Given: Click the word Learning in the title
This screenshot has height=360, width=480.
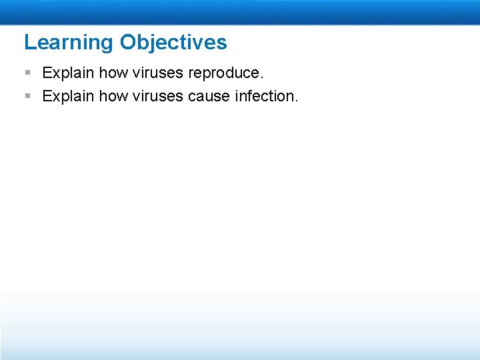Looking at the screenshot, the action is pyautogui.click(x=69, y=43).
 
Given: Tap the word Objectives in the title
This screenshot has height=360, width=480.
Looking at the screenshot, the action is pyautogui.click(x=173, y=43).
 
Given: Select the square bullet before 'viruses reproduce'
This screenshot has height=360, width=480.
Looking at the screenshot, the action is pyautogui.click(x=28, y=72).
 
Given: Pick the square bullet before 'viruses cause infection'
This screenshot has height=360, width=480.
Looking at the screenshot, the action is pyautogui.click(x=28, y=96).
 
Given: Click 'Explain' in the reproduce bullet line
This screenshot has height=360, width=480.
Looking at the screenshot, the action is pyautogui.click(x=68, y=73).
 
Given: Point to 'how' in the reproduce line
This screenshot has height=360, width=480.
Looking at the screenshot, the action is pyautogui.click(x=113, y=73).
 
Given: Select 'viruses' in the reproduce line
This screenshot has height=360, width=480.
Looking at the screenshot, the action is pyautogui.click(x=157, y=73).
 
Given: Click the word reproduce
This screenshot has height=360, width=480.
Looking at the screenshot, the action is pyautogui.click(x=224, y=73).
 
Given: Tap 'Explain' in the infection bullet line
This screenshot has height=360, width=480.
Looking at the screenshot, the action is pyautogui.click(x=68, y=97).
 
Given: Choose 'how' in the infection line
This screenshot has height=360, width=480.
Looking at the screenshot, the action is pyautogui.click(x=113, y=96).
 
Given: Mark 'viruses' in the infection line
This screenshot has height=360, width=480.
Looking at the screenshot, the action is pyautogui.click(x=157, y=96).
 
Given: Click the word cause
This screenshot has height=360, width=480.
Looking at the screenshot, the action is pyautogui.click(x=209, y=97).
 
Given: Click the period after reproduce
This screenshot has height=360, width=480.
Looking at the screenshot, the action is pyautogui.click(x=261, y=77).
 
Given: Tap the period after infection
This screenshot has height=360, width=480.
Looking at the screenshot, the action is pyautogui.click(x=296, y=101).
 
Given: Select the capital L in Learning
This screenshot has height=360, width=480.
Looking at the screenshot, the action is pyautogui.click(x=30, y=41).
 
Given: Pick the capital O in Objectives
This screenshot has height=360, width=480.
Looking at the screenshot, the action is pyautogui.click(x=128, y=41).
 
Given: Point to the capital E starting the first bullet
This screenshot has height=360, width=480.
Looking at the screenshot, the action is pyautogui.click(x=47, y=73).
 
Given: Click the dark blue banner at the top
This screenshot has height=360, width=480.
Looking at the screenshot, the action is pyautogui.click(x=240, y=12).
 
